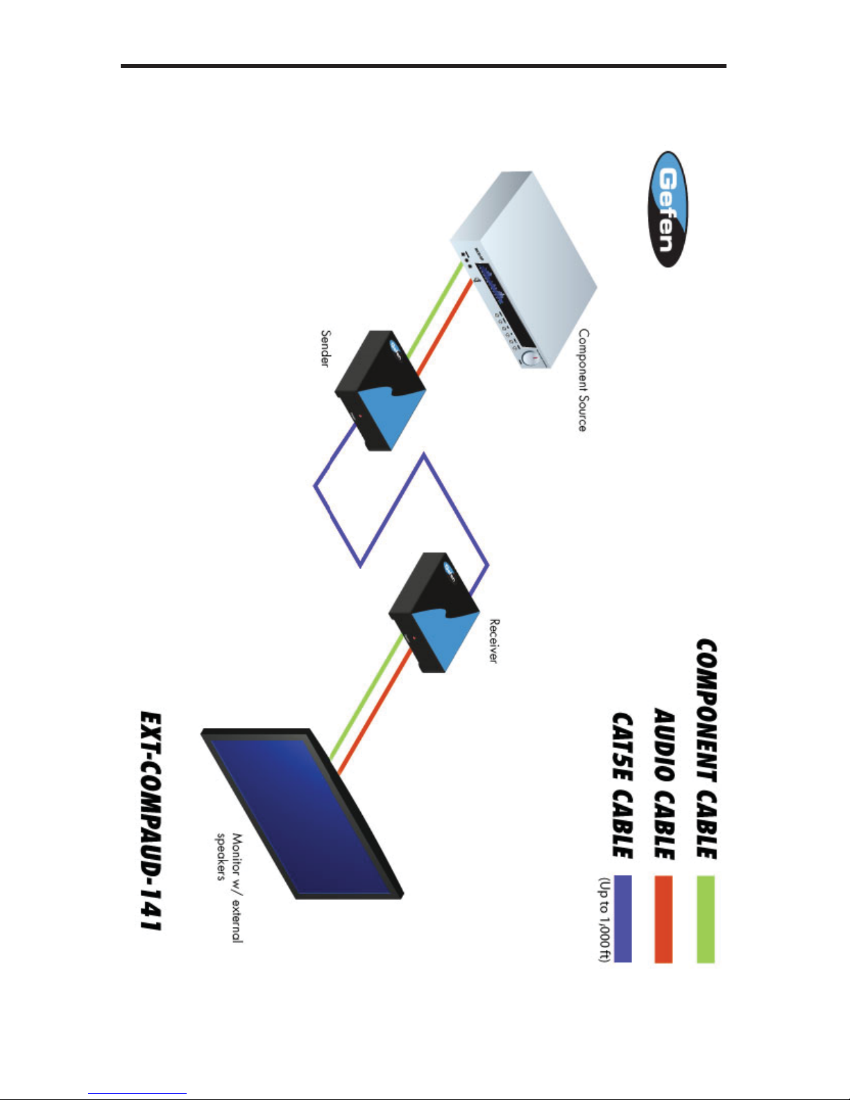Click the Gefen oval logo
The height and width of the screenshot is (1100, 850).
click(668, 210)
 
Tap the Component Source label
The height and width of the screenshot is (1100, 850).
click(583, 380)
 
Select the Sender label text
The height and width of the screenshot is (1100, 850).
click(325, 348)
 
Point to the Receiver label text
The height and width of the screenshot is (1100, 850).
click(493, 641)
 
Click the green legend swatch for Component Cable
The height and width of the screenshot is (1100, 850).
click(705, 919)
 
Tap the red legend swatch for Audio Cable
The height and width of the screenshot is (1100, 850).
click(663, 919)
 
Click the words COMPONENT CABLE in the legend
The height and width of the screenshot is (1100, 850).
click(706, 750)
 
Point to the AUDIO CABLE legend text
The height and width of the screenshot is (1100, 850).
click(664, 784)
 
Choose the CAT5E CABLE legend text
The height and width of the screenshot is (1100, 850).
click(622, 785)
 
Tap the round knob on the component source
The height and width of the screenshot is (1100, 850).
click(531, 358)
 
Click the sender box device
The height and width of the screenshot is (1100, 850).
click(380, 389)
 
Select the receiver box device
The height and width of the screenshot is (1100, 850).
click(434, 611)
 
